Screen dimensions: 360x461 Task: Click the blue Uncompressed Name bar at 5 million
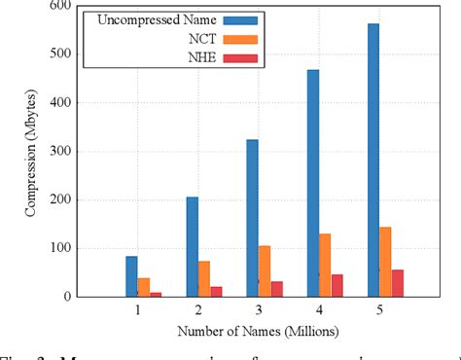pyautogui.click(x=372, y=161)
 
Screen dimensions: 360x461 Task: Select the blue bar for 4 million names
pyautogui.click(x=313, y=183)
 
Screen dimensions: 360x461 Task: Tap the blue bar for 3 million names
pyautogui.click(x=253, y=218)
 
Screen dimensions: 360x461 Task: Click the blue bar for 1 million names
pyautogui.click(x=132, y=276)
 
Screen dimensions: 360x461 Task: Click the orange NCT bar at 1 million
pyautogui.click(x=144, y=287)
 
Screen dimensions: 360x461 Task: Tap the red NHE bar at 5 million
pyautogui.click(x=397, y=283)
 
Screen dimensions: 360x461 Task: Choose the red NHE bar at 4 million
pyautogui.click(x=337, y=285)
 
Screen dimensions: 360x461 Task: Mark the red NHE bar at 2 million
pyautogui.click(x=217, y=291)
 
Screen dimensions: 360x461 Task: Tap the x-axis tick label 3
pyautogui.click(x=259, y=310)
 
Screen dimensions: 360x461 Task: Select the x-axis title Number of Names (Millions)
pyautogui.click(x=259, y=331)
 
